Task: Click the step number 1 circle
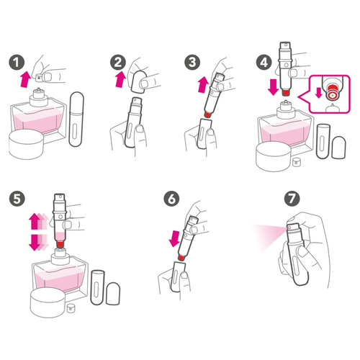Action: coord(17,63)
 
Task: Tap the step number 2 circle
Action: coord(118,63)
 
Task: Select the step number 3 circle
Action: coord(192,63)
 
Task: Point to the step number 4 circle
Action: coord(264,63)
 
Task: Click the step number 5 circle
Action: coord(17,199)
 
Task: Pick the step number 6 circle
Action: coord(171,199)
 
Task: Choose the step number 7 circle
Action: coord(292,199)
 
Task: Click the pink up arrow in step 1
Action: coord(25,79)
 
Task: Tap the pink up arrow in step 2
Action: coord(121,79)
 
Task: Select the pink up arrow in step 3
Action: coord(203,84)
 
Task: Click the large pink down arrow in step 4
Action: coord(273,87)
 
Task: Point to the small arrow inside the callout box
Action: coord(319,93)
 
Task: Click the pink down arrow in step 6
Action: coord(175,239)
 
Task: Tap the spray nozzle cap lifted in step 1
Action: coord(39,78)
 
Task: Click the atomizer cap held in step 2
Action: coord(139,81)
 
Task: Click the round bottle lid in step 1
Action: coord(26,145)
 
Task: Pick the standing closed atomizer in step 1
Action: coord(76,119)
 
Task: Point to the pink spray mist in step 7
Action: coord(269,236)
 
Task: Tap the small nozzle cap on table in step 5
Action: coord(71,308)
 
